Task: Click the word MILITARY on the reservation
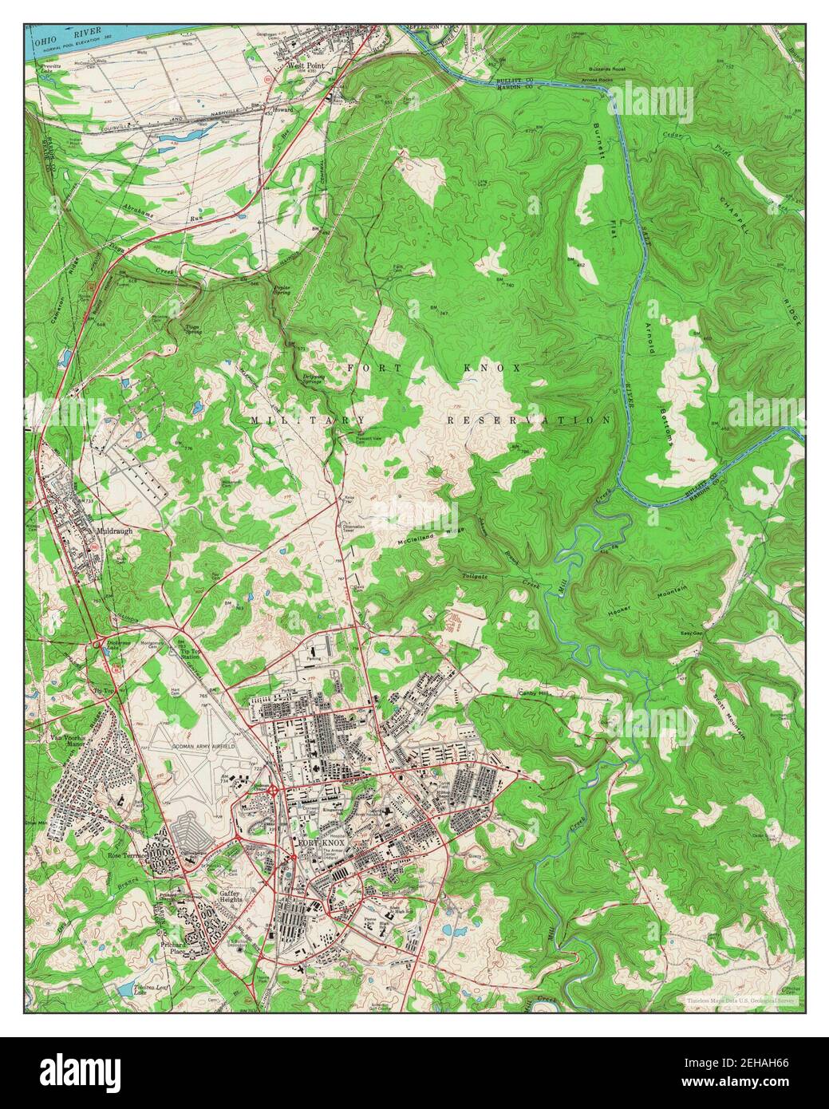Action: click(x=307, y=420)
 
